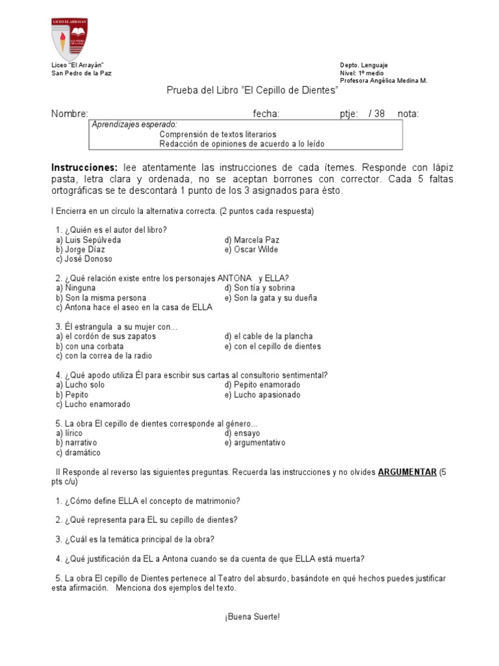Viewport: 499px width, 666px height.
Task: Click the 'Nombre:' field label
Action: pyautogui.click(x=70, y=114)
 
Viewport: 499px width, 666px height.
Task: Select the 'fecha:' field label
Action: pyautogui.click(x=266, y=114)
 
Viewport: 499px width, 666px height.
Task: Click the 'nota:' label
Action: pyautogui.click(x=408, y=114)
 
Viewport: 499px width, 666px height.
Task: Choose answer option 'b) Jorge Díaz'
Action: pyautogui.click(x=81, y=249)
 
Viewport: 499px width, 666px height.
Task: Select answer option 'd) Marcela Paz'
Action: pyautogui.click(x=252, y=239)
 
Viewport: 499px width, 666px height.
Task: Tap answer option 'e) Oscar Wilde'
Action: pyautogui.click(x=251, y=249)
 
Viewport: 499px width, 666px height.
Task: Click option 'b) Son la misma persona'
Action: pyautogui.click(x=96, y=298)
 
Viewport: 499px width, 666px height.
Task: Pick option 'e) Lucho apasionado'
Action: pyautogui.click(x=262, y=395)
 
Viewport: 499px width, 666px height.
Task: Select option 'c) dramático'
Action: pyautogui.click(x=79, y=453)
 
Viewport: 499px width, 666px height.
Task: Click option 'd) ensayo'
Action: pyautogui.click(x=242, y=433)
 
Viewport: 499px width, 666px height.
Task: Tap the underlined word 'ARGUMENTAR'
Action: pyautogui.click(x=407, y=472)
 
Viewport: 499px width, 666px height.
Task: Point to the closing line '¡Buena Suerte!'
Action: pyautogui.click(x=253, y=617)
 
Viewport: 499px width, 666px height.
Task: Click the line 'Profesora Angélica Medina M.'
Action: pyautogui.click(x=384, y=81)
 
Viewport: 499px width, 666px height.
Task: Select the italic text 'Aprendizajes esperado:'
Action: pyautogui.click(x=134, y=124)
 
